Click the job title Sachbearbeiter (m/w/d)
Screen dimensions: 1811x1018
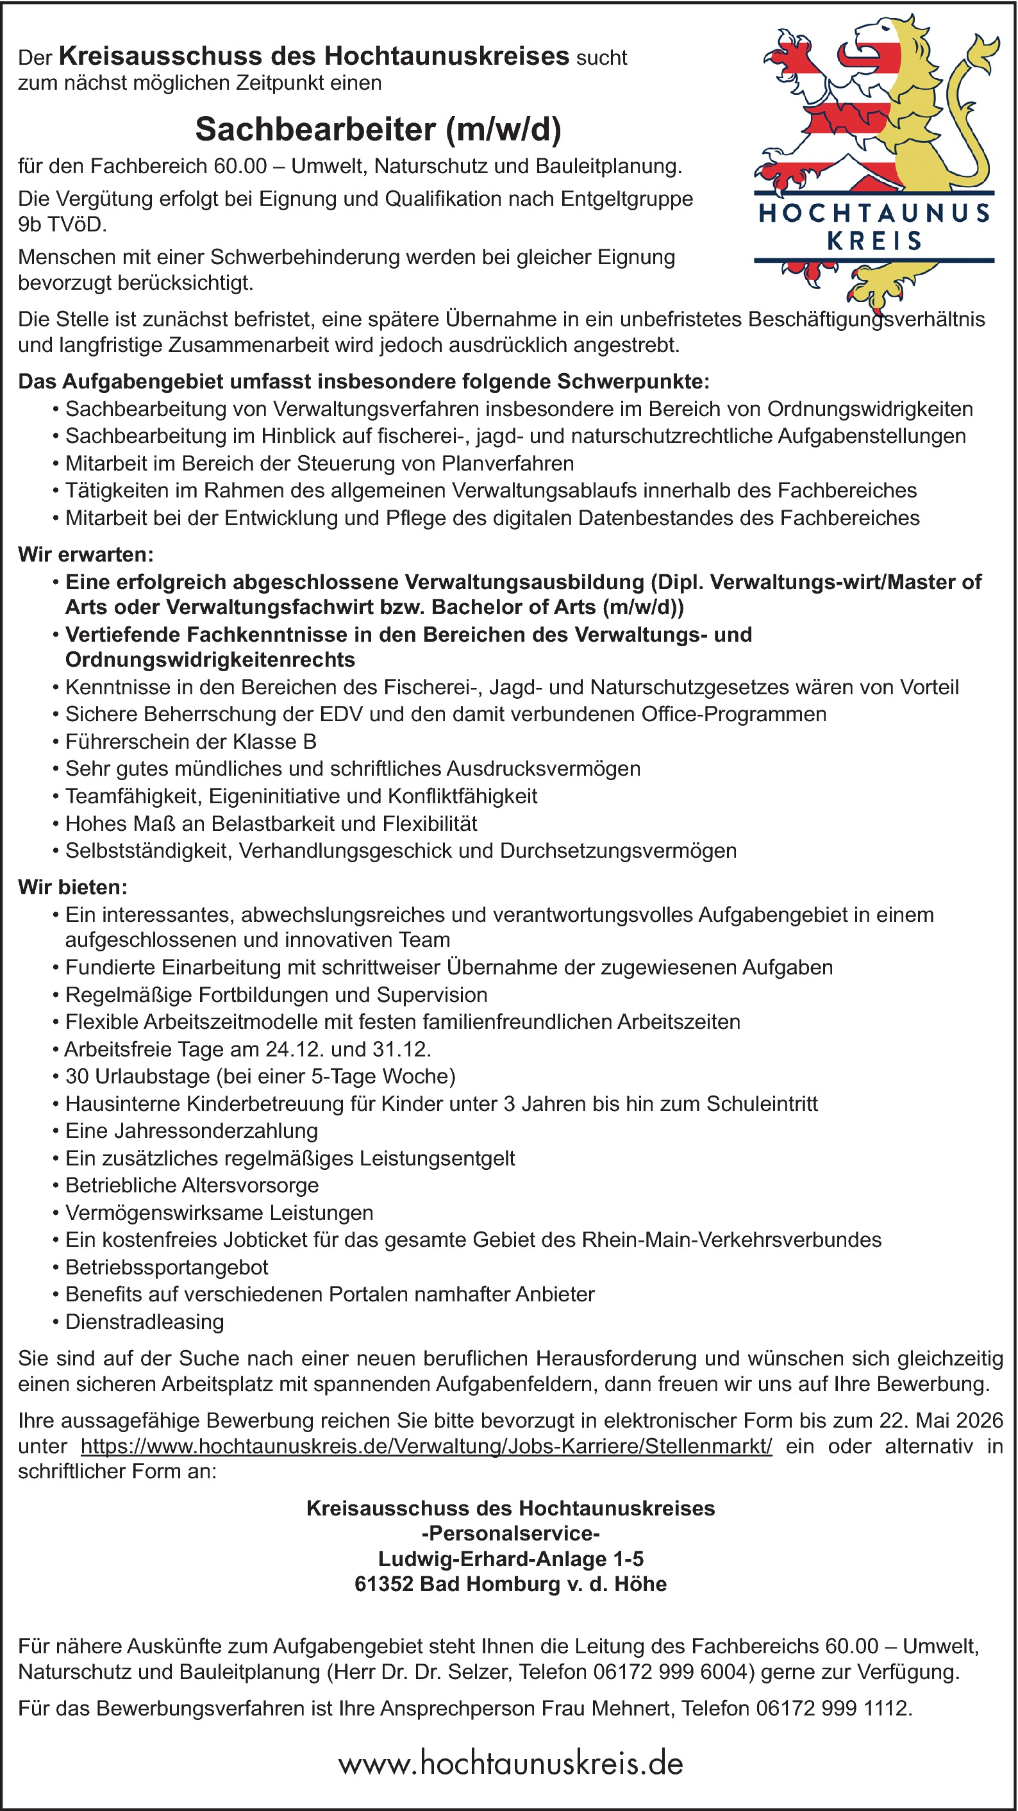(378, 129)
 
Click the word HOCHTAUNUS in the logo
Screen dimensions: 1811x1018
(874, 213)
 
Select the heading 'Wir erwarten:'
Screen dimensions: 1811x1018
(86, 554)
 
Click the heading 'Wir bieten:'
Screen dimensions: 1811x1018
(73, 887)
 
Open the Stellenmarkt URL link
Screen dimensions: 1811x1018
(426, 1446)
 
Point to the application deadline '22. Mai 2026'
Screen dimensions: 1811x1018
(940, 1420)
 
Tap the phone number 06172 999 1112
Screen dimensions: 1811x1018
(834, 1708)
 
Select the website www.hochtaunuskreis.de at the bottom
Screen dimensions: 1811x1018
(510, 1763)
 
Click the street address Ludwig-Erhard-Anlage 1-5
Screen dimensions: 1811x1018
(510, 1558)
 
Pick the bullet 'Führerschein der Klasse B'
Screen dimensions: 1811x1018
(190, 741)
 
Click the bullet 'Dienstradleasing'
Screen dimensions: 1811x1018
(145, 1322)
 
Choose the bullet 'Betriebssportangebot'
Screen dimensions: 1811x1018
(167, 1267)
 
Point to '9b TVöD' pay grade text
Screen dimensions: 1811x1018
(62, 224)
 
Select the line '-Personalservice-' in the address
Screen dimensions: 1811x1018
(510, 1533)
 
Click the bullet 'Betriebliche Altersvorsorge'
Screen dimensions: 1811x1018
(192, 1185)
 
